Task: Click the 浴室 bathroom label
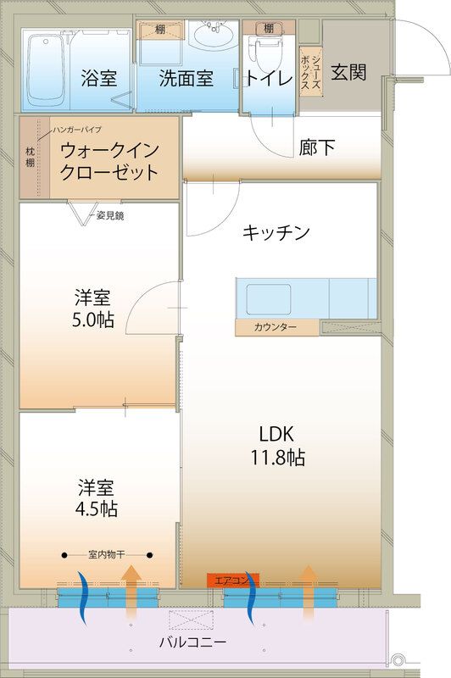pos(99,77)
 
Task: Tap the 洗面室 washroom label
pos(187,77)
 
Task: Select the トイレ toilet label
pos(270,77)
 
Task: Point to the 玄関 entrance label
pos(348,72)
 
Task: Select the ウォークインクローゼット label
pos(109,161)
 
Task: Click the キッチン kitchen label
pos(276,232)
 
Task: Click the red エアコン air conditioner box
pos(232,580)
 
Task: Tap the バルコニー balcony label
pos(196,642)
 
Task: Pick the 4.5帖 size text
pos(97,509)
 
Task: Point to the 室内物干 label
pos(107,555)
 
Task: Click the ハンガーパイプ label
pos(76,130)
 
